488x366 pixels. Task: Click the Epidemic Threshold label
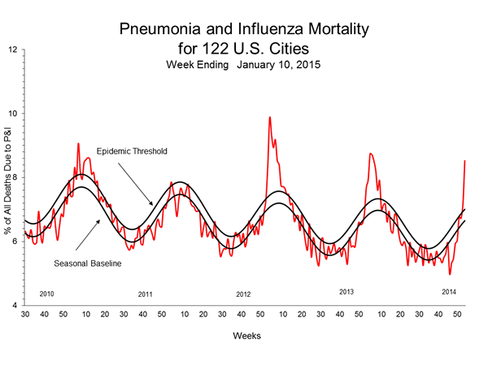pyautogui.click(x=133, y=151)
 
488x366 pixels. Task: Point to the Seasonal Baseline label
pyautogui.click(x=88, y=263)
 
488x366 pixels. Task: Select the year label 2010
pyautogui.click(x=47, y=292)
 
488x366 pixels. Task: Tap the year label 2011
pyautogui.click(x=146, y=294)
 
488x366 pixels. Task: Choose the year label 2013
pyautogui.click(x=346, y=290)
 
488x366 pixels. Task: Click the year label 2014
pyautogui.click(x=449, y=290)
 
